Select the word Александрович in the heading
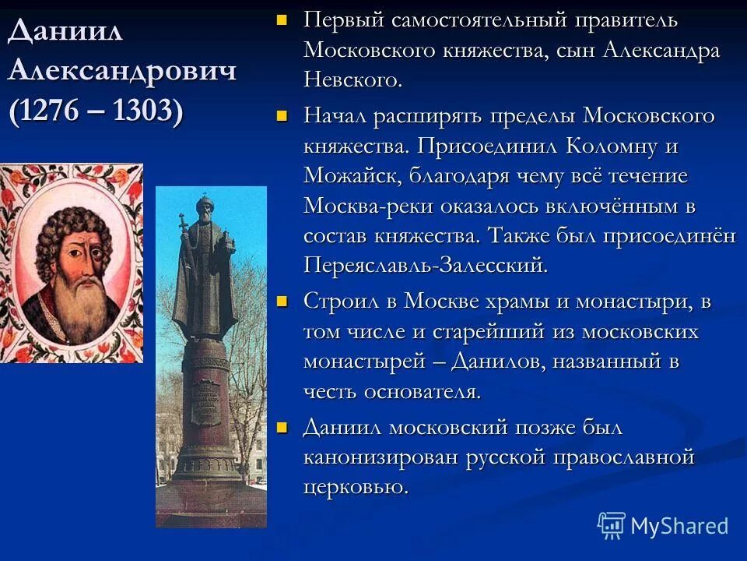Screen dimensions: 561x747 [122, 71]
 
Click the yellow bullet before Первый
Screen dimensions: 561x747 [282, 18]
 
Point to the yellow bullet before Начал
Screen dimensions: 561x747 [282, 116]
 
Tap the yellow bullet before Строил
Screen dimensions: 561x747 [282, 300]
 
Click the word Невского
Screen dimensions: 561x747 [352, 79]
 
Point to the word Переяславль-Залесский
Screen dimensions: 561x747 [425, 265]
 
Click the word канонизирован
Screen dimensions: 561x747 [381, 457]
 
